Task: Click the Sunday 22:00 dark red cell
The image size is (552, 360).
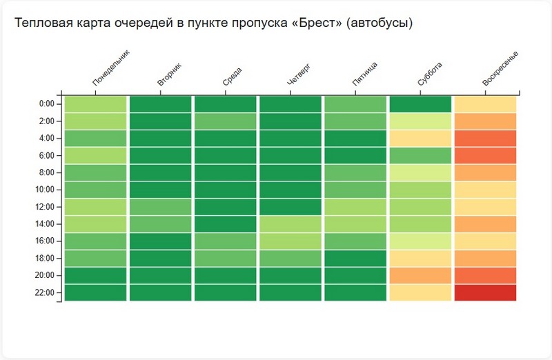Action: (x=485, y=292)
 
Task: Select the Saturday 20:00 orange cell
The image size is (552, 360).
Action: (x=420, y=275)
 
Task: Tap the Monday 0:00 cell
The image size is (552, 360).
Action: (x=95, y=103)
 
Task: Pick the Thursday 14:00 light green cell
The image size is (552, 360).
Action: (x=290, y=223)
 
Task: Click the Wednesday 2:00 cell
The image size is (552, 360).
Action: (x=225, y=121)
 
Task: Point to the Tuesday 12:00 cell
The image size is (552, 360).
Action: (x=160, y=206)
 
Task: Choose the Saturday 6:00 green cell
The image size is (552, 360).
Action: (x=420, y=155)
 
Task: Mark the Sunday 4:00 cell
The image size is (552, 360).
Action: (x=485, y=138)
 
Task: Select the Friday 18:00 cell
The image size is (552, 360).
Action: (x=355, y=258)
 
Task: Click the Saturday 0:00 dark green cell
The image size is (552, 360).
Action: (x=420, y=103)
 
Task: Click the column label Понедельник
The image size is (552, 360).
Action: (x=111, y=68)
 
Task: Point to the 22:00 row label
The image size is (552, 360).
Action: (x=46, y=292)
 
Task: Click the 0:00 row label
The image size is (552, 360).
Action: (x=47, y=103)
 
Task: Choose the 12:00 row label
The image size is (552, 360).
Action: (x=46, y=206)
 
